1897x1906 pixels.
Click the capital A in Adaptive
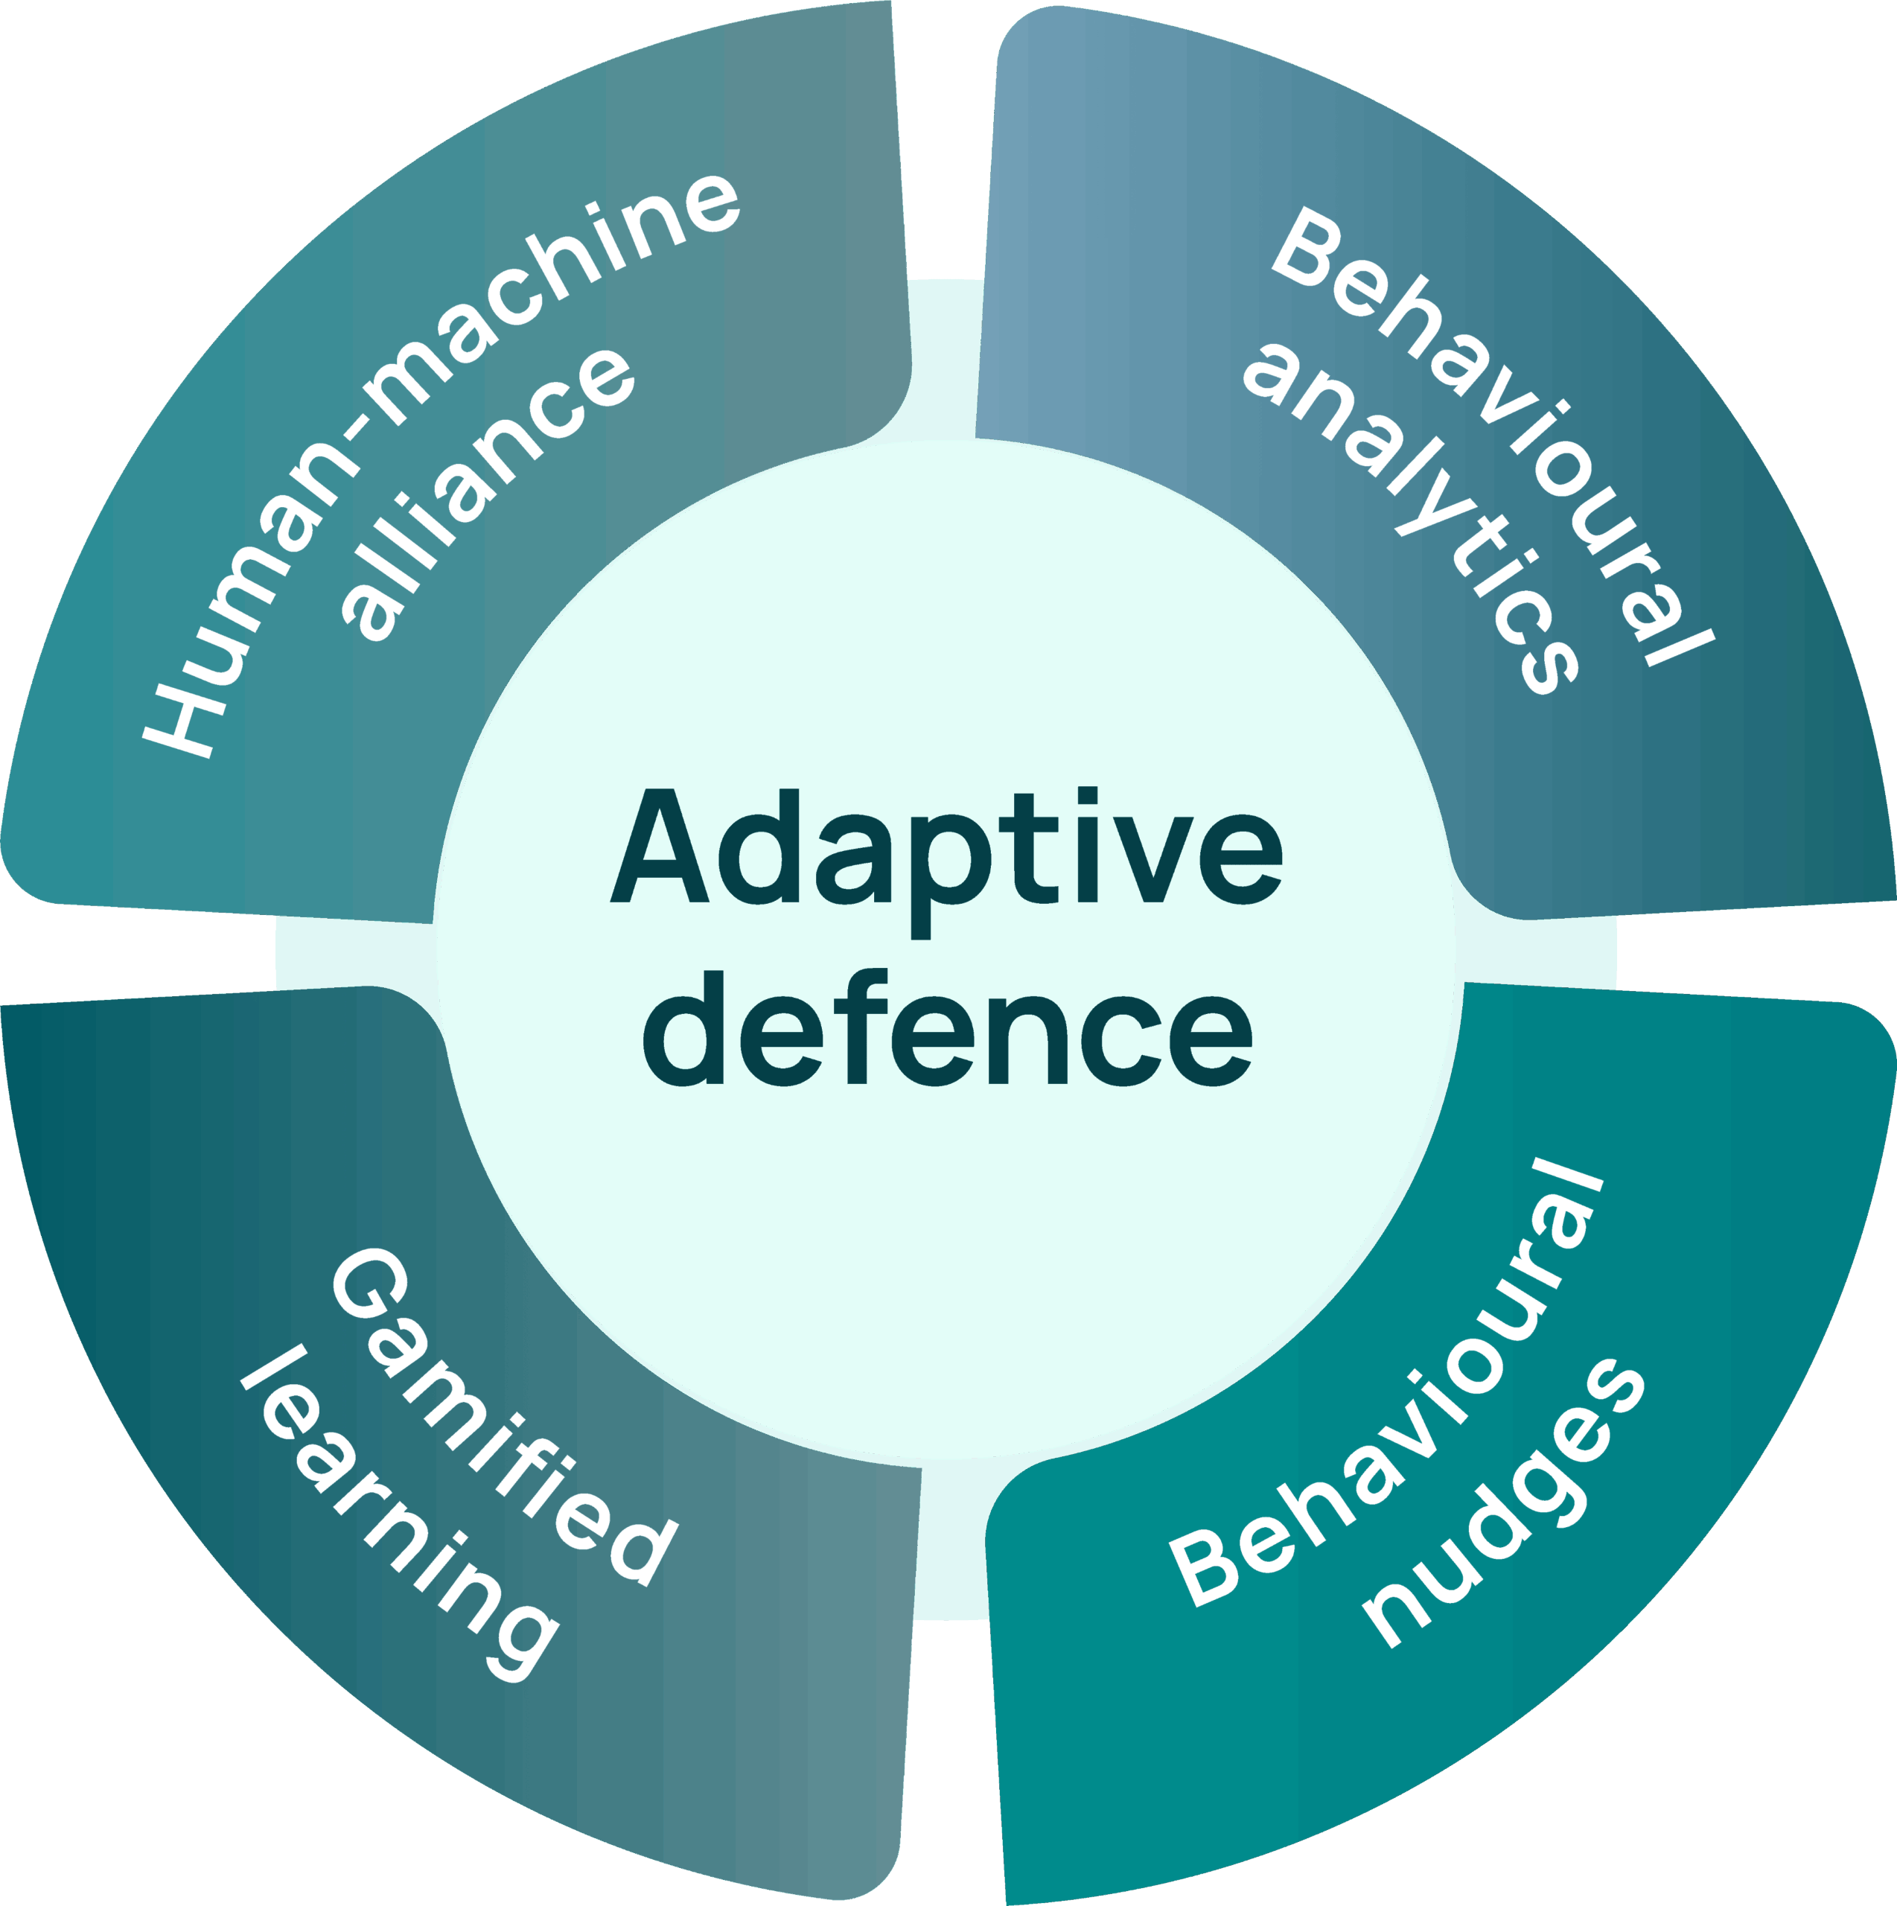(x=659, y=847)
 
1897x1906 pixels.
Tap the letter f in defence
(x=860, y=1026)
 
